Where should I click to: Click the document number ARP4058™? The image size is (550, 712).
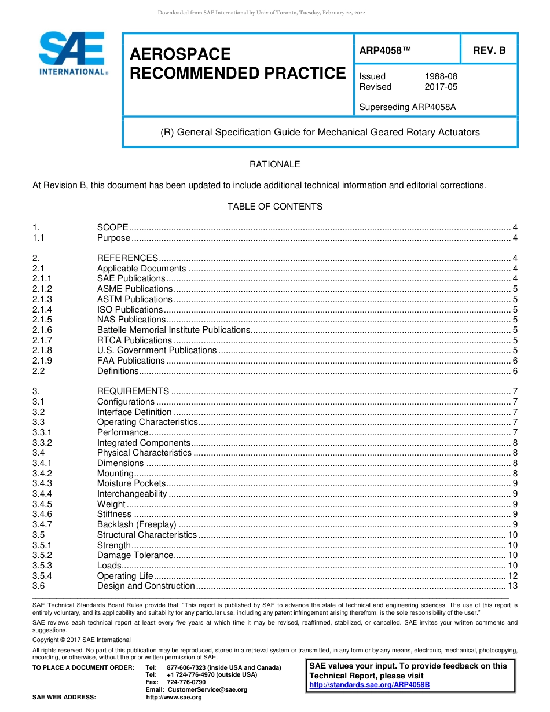click(x=385, y=50)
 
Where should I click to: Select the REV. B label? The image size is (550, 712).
click(x=489, y=50)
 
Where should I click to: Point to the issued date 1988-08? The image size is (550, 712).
click(x=441, y=76)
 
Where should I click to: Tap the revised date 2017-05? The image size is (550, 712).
click(x=441, y=87)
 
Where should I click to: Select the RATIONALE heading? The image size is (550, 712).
click(x=274, y=164)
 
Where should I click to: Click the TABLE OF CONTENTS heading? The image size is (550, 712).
click(x=274, y=207)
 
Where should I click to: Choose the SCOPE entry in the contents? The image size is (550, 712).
click(x=112, y=227)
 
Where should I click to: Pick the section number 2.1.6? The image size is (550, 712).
click(x=42, y=330)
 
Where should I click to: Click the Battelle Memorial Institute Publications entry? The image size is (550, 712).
click(x=173, y=330)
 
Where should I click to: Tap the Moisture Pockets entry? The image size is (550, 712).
click(x=131, y=483)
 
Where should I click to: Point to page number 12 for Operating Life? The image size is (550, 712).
click(x=512, y=576)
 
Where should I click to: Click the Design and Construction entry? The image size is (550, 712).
click(x=146, y=586)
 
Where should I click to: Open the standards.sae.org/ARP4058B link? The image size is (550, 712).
click(x=369, y=685)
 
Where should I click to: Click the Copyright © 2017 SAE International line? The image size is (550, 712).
click(x=82, y=640)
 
